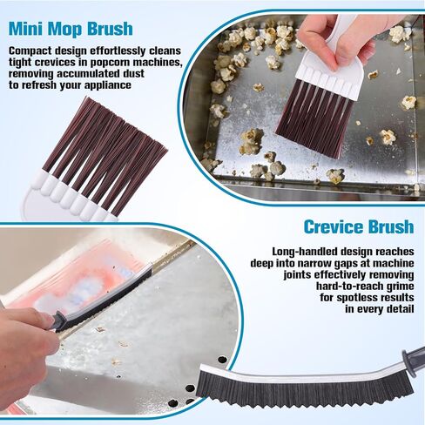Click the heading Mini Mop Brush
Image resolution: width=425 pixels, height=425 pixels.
71,29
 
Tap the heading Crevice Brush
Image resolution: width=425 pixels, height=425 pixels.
359,226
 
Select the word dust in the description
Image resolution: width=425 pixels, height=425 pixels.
133,74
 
